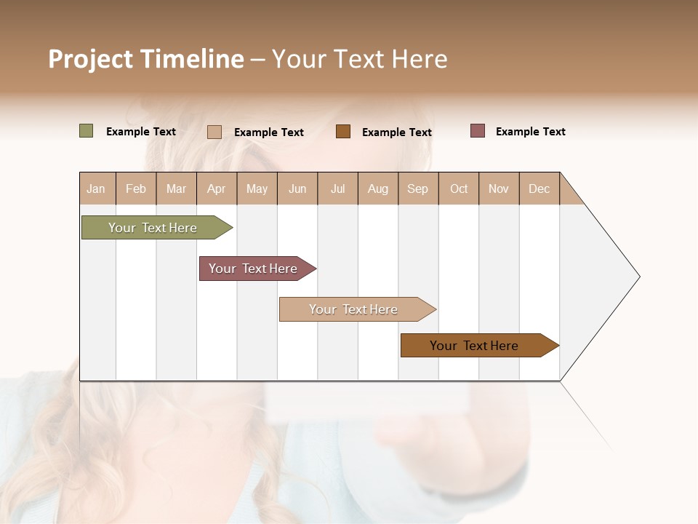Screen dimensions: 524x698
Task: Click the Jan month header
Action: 96,188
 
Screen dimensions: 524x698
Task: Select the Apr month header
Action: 217,188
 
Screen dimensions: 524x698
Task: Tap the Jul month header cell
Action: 337,188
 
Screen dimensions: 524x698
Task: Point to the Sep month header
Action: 417,188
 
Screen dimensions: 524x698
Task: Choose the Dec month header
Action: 539,188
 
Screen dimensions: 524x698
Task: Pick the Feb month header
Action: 136,188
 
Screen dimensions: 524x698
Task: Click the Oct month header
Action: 459,188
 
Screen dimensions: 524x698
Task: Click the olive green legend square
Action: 87,131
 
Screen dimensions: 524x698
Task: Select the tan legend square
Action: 214,132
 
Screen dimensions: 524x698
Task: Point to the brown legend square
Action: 343,132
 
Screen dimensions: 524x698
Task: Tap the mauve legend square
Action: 478,131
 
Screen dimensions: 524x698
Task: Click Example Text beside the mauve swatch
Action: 530,131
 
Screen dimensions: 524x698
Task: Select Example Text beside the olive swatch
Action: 141,131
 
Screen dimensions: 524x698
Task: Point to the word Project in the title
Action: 91,59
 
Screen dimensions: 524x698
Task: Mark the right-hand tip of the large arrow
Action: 638,277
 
